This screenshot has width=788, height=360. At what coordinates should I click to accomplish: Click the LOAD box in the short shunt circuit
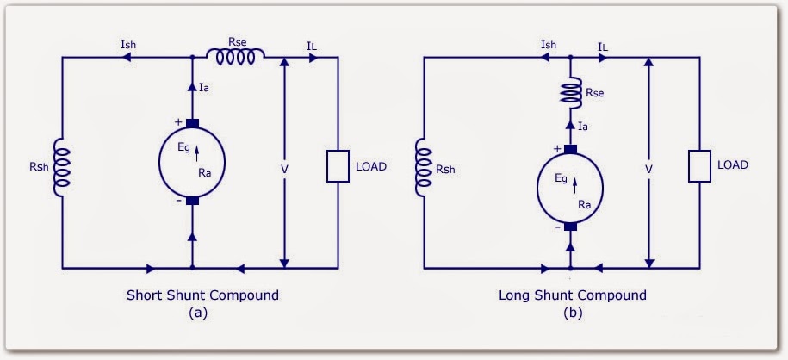coord(337,166)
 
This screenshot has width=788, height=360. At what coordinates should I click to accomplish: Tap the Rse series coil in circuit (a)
coord(235,58)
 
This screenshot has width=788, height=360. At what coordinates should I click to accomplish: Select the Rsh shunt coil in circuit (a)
coord(63,166)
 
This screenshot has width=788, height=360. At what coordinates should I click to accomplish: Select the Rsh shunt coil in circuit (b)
coord(425,166)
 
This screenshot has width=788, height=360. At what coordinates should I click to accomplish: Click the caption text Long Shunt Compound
coord(572,295)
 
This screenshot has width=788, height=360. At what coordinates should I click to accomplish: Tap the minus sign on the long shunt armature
coord(558,227)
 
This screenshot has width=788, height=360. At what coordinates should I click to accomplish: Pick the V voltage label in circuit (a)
coord(284,169)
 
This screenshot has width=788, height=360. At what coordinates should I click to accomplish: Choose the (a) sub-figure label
coord(198,313)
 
